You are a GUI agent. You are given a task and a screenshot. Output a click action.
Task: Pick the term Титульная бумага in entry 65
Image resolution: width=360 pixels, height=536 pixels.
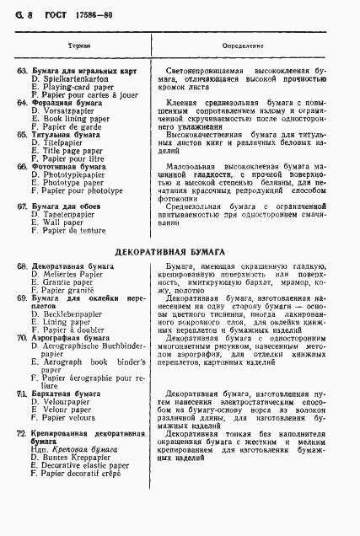65,134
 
